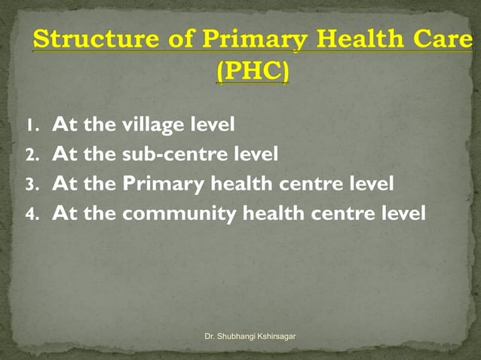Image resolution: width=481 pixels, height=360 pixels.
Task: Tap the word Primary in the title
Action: coord(236,39)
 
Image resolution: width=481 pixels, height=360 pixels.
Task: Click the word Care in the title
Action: coord(444,39)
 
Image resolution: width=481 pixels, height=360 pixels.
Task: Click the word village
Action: coord(149,124)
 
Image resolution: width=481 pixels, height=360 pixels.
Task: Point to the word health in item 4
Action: coord(273,214)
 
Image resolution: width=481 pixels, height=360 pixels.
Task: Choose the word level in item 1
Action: coord(210,124)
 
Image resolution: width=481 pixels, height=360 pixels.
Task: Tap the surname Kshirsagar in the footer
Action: coord(277,334)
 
